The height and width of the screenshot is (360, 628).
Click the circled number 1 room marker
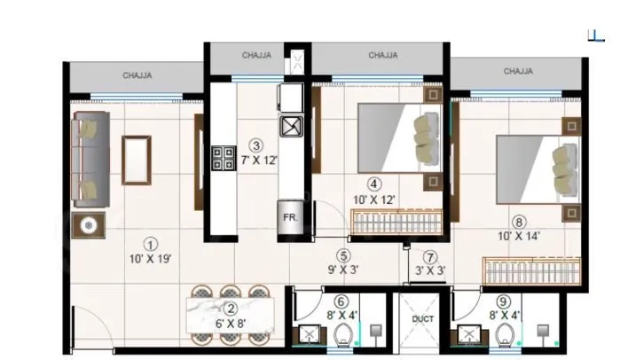point(151,244)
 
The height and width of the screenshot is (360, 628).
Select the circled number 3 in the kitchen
point(255,145)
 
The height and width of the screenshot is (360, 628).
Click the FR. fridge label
point(290,216)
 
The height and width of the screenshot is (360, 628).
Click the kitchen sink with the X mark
point(292,126)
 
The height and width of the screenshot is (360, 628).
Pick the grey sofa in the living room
point(90,159)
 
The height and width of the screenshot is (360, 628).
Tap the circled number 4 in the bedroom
point(375,184)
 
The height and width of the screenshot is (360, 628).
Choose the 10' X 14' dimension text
point(519,237)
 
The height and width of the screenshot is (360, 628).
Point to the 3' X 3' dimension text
point(431,270)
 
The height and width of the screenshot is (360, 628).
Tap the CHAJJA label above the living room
point(137,75)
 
